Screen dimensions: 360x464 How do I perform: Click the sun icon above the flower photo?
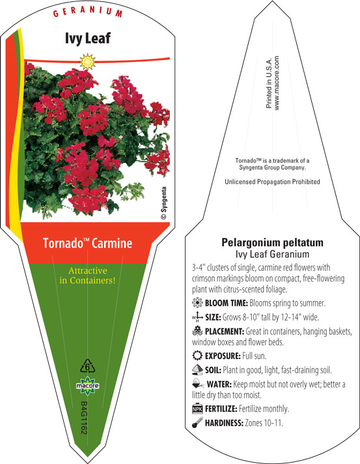pyautogui.click(x=87, y=62)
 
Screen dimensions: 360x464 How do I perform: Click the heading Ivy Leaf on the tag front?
pyautogui.click(x=88, y=38)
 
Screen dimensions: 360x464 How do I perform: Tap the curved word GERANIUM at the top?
pyautogui.click(x=88, y=12)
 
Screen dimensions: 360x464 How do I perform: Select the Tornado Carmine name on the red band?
pyautogui.click(x=87, y=243)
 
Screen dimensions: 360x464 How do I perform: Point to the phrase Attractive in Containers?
pyautogui.click(x=87, y=276)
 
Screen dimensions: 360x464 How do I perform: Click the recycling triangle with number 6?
pyautogui.click(x=88, y=366)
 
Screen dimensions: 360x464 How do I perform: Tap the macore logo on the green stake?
pyautogui.click(x=87, y=386)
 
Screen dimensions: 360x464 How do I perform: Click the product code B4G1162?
pyautogui.click(x=84, y=418)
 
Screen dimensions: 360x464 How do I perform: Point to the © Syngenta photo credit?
pyautogui.click(x=163, y=203)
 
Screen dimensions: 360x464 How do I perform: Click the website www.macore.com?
pyautogui.click(x=277, y=83)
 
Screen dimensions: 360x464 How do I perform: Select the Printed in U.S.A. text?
pyautogui.click(x=269, y=83)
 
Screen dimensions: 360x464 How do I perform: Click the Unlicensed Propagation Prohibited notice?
pyautogui.click(x=272, y=182)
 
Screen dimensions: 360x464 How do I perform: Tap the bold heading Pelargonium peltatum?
pyautogui.click(x=272, y=242)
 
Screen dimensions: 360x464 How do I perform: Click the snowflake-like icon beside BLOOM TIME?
pyautogui.click(x=197, y=303)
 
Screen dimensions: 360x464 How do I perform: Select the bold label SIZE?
pyautogui.click(x=213, y=317)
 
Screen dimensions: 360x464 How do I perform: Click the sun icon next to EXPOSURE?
pyautogui.click(x=197, y=355)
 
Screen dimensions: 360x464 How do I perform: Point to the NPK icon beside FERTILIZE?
pyautogui.click(x=197, y=409)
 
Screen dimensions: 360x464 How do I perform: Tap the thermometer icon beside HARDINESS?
pyautogui.click(x=197, y=422)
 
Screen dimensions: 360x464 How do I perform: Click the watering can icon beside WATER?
pyautogui.click(x=198, y=384)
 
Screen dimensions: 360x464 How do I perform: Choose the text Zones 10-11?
pyautogui.click(x=264, y=423)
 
